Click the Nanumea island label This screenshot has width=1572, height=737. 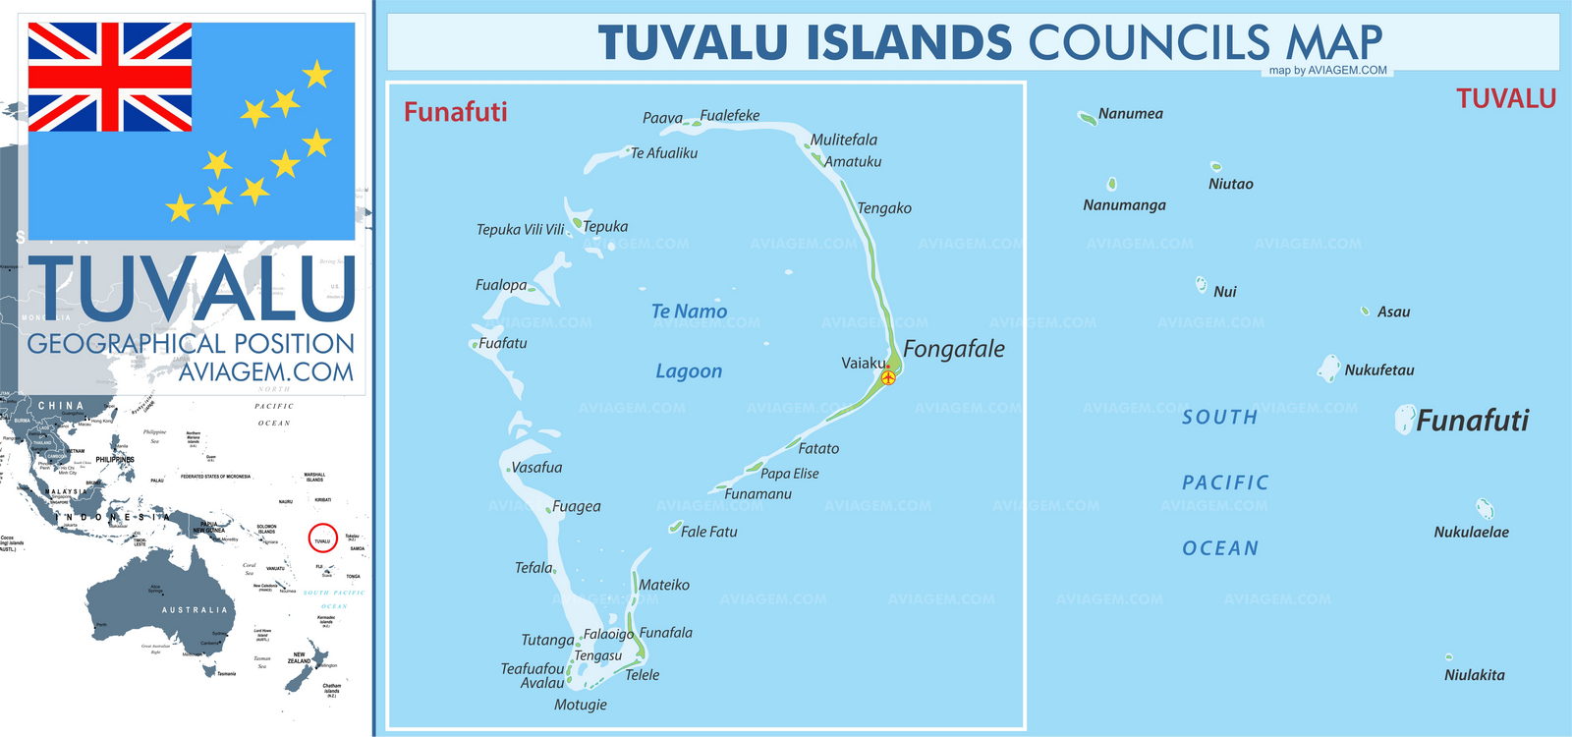(1130, 114)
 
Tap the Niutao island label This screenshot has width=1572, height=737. (1230, 184)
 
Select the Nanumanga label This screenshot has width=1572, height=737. (1124, 205)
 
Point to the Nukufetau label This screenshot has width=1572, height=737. (1378, 370)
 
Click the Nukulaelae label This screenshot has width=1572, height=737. (1471, 533)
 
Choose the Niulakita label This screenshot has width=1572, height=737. (1474, 675)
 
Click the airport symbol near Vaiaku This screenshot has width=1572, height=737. (888, 376)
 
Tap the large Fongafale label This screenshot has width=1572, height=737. (953, 349)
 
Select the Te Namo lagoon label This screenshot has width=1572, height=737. (689, 312)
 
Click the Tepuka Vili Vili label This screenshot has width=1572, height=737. (520, 230)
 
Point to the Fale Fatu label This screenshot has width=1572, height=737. (708, 532)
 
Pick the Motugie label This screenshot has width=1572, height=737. (580, 705)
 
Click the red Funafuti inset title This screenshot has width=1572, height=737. (455, 112)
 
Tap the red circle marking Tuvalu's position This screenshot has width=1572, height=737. (322, 539)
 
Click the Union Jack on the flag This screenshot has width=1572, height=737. (109, 77)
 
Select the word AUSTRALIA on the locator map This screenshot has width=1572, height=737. (194, 610)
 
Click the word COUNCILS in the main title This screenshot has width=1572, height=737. (1149, 43)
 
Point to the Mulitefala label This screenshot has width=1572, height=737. (843, 140)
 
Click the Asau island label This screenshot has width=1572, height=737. (1393, 312)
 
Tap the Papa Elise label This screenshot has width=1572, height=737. (789, 474)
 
